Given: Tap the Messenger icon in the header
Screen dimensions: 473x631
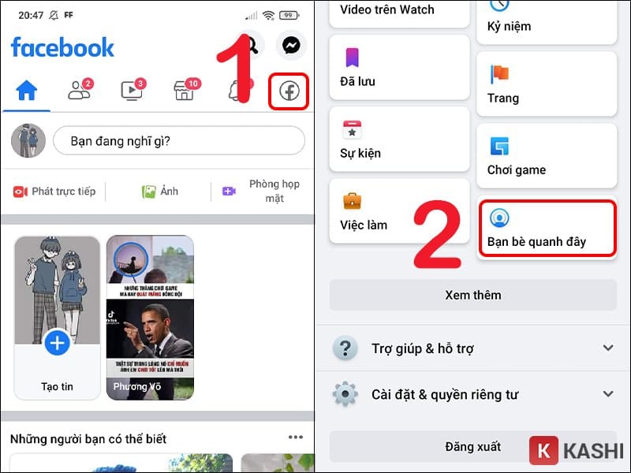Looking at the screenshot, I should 291,46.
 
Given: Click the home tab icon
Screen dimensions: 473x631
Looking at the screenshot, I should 27,91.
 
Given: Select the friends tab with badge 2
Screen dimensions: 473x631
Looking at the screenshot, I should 79,91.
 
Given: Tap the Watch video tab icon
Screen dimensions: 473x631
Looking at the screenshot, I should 131,91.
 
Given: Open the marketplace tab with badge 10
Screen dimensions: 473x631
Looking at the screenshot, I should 184,91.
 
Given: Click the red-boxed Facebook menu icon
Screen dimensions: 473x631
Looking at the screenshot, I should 289,92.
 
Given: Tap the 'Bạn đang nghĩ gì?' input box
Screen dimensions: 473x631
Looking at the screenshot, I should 178,141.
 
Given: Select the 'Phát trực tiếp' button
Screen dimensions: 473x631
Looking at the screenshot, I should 54,192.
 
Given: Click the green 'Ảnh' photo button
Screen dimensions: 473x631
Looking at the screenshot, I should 159,192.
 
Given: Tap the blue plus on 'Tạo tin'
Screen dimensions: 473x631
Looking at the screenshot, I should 57,343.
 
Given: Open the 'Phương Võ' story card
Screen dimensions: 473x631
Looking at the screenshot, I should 150,318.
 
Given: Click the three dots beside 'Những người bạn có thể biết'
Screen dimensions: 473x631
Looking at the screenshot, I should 296,438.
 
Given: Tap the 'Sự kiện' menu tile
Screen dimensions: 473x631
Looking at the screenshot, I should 399,140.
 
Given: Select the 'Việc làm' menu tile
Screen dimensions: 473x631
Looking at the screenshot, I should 399,211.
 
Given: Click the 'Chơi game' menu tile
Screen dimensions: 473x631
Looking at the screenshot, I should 547,156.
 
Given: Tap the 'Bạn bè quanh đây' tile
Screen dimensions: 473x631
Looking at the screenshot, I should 547,228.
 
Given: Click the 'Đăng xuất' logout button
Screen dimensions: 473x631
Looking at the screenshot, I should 472,447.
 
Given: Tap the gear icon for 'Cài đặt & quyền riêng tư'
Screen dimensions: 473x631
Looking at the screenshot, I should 345,394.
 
